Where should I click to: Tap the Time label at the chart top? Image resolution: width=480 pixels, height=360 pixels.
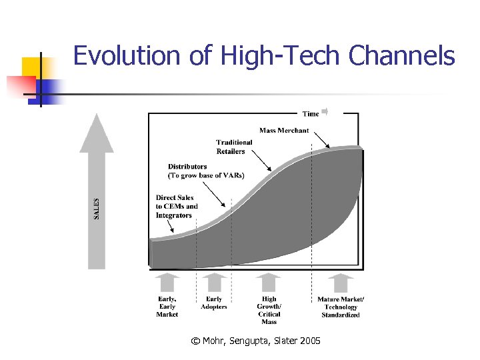coord(311,113)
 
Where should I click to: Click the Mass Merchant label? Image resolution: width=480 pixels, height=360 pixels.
coord(284,130)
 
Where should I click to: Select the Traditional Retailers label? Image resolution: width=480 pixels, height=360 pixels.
coord(234,147)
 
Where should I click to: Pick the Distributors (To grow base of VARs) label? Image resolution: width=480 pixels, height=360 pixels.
coord(206,171)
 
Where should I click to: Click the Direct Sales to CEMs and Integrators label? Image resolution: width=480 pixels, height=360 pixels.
coord(177,207)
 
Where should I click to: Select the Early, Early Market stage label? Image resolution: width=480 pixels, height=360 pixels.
coord(167,307)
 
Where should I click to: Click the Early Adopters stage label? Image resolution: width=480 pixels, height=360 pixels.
coord(214,303)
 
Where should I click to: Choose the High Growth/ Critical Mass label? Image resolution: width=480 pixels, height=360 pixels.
coord(269,311)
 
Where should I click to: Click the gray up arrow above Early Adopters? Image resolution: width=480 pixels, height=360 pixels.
coord(214,283)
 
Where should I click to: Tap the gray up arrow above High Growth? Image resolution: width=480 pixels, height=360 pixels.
coord(269,283)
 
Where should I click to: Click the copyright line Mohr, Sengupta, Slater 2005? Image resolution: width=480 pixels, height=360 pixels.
coord(255,341)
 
